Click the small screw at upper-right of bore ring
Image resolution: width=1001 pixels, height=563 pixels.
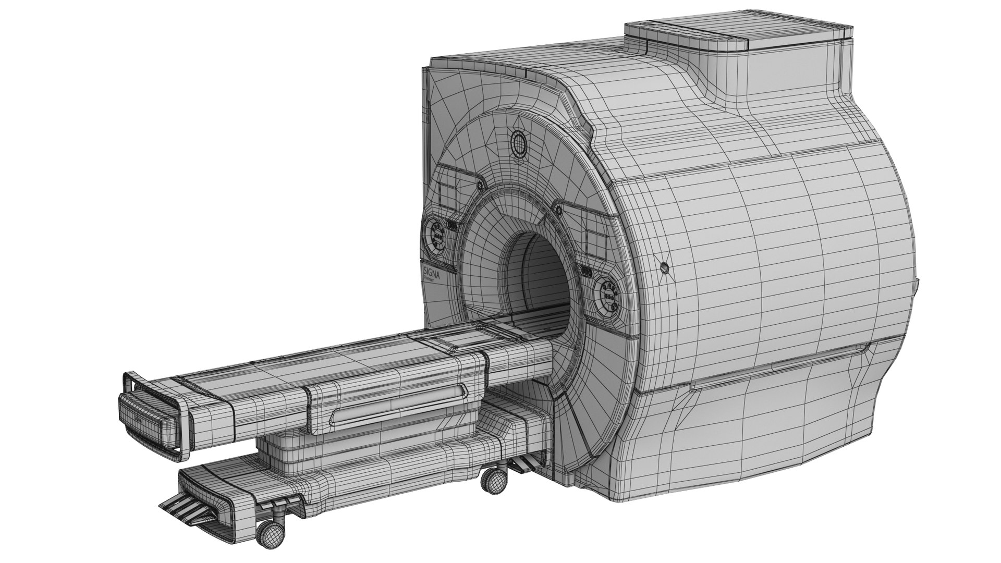[x=558, y=210]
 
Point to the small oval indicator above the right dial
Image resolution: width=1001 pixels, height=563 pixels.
[x=586, y=271]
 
